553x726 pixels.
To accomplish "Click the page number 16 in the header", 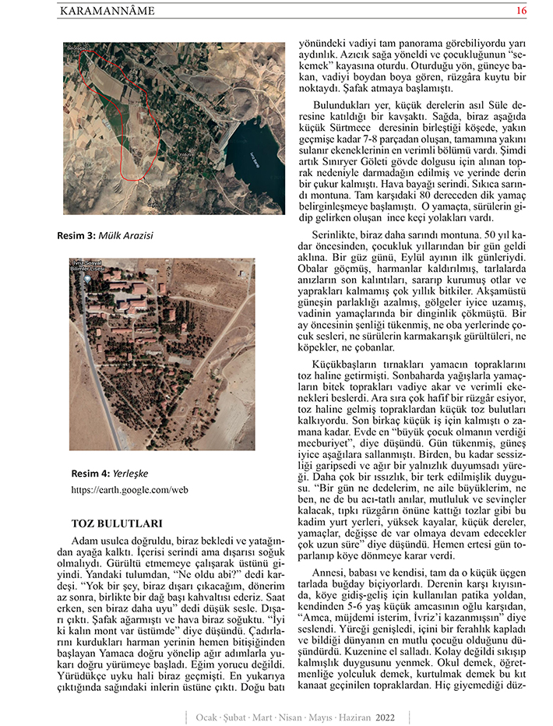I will pos(521,10).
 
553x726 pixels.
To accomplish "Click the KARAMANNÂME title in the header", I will pos(107,11).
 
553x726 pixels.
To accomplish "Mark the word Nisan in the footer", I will pos(290,716).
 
